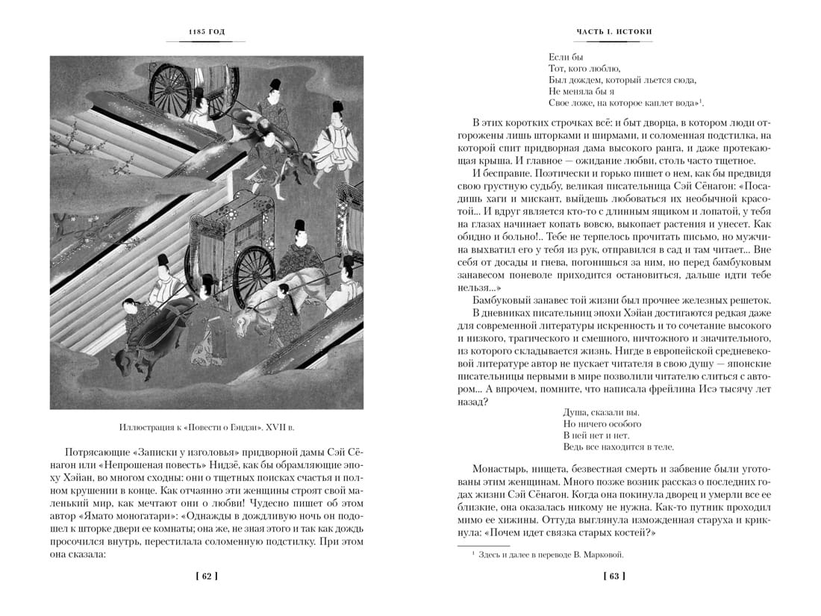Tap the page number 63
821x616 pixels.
(614, 576)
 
